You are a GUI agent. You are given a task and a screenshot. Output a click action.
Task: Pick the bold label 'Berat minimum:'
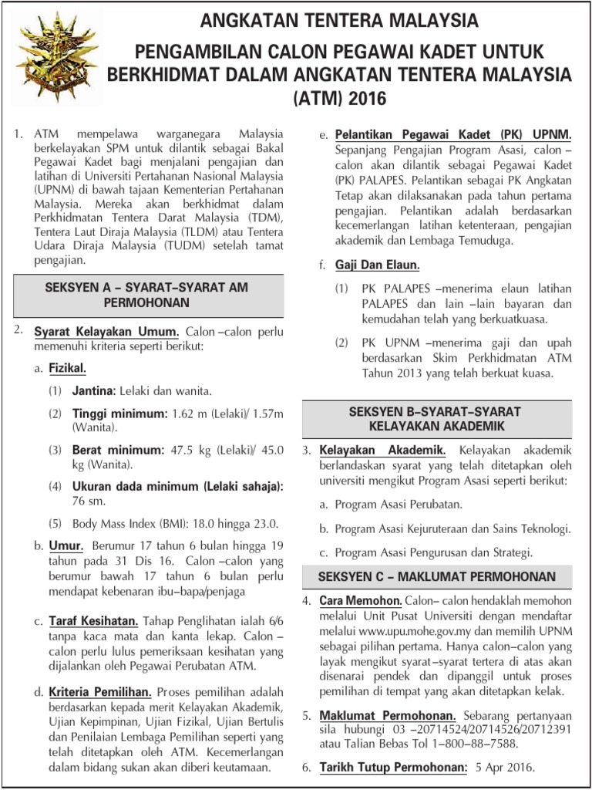(118, 450)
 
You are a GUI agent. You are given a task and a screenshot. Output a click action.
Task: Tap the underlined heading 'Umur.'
(66, 546)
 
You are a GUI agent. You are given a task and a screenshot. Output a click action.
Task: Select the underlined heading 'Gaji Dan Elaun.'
(377, 265)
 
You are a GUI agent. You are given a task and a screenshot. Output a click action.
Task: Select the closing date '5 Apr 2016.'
(506, 768)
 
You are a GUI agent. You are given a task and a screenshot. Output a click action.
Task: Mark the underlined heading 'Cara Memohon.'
(360, 601)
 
